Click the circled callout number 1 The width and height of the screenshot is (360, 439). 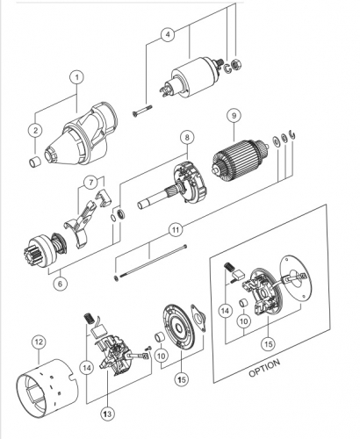76,77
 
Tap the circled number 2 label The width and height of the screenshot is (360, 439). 36,130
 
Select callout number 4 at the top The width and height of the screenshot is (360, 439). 168,34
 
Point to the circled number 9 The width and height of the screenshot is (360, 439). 234,116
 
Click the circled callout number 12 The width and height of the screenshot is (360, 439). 39,342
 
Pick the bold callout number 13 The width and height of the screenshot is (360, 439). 107,414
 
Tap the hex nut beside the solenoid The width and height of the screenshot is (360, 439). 235,64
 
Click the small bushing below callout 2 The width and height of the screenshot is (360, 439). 35,162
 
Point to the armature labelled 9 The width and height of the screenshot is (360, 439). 239,162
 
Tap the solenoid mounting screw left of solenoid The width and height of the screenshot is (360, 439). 142,112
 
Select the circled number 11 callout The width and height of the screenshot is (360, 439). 176,230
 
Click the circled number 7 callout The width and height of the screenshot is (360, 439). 91,183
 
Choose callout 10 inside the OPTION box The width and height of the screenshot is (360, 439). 244,321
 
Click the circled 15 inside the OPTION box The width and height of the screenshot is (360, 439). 268,344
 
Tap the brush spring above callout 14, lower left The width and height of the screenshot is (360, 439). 88,319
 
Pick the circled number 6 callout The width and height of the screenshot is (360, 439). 61,284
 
